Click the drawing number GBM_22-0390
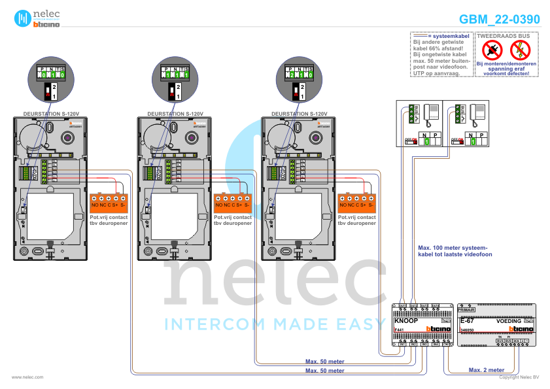(500, 20)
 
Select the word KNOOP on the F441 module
(406, 321)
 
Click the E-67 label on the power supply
(467, 321)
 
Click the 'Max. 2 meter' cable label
(487, 370)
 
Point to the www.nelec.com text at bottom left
(27, 377)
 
